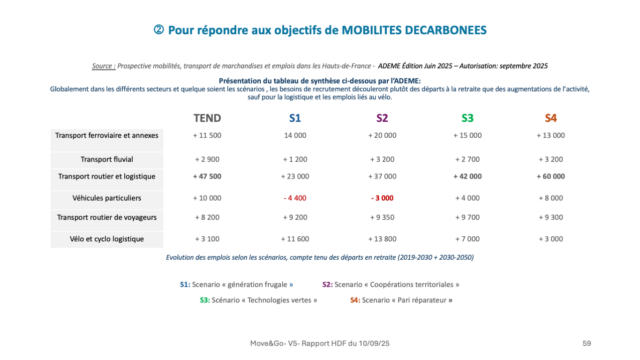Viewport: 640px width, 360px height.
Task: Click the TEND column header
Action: (207, 118)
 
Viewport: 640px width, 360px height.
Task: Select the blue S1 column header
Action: (295, 118)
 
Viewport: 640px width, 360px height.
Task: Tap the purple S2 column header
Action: (382, 118)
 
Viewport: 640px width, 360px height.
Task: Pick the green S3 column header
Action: (467, 118)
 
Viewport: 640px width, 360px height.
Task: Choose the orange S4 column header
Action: (551, 118)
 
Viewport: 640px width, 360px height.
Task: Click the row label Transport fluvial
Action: (107, 159)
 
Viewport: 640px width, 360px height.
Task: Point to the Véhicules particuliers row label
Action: (107, 198)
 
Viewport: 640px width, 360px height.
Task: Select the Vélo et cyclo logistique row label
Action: (107, 239)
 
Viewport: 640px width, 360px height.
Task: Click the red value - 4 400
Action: (295, 198)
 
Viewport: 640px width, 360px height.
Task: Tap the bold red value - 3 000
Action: (382, 198)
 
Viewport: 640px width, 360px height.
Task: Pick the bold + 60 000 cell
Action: (551, 177)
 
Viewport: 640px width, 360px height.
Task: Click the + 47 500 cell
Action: (207, 177)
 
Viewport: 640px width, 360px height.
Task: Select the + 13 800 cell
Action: (382, 239)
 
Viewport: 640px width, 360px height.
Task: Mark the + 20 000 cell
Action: (382, 135)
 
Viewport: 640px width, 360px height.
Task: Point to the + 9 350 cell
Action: (382, 217)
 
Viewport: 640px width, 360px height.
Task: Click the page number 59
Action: (587, 344)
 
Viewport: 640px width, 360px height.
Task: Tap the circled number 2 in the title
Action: (158, 30)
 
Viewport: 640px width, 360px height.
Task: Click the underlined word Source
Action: (103, 66)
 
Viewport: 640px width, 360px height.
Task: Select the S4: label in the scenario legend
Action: (355, 300)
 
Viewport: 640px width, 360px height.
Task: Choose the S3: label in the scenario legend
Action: (205, 300)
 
